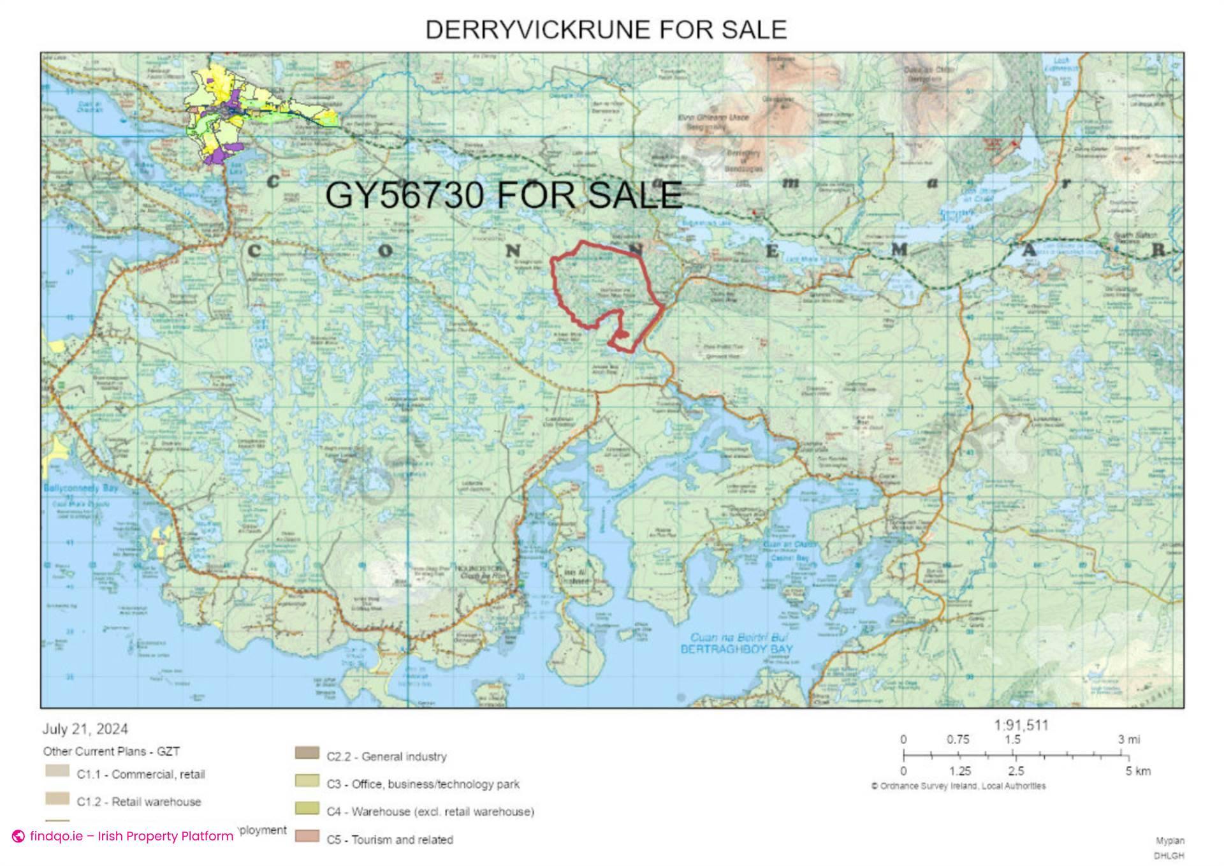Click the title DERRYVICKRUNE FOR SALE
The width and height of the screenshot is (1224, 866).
tap(606, 30)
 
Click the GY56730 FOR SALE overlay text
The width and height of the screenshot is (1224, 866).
tap(504, 194)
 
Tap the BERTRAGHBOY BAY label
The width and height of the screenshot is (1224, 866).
tap(736, 649)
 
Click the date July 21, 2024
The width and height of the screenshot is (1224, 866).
tap(85, 729)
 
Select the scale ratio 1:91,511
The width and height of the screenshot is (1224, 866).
tap(1021, 725)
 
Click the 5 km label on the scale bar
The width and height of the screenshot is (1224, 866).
tap(1137, 771)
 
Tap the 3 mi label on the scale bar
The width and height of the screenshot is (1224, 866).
tap(1129, 740)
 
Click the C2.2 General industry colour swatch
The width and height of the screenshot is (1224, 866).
tap(307, 753)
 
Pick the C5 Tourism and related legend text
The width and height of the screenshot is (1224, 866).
tap(390, 839)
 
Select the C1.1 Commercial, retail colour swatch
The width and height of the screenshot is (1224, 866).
tap(57, 771)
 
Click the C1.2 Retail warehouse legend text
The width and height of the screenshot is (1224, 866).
tap(138, 802)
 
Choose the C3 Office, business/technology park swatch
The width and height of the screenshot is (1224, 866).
tap(307, 781)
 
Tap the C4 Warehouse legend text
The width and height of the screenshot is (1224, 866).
tap(430, 812)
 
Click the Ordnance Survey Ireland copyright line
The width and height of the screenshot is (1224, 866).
tap(958, 786)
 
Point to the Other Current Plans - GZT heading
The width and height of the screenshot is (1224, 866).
tap(111, 751)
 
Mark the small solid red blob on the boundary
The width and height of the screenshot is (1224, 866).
tap(623, 334)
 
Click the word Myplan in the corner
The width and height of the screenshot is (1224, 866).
tap(1170, 841)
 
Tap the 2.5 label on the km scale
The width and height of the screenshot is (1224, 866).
tap(1016, 771)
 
